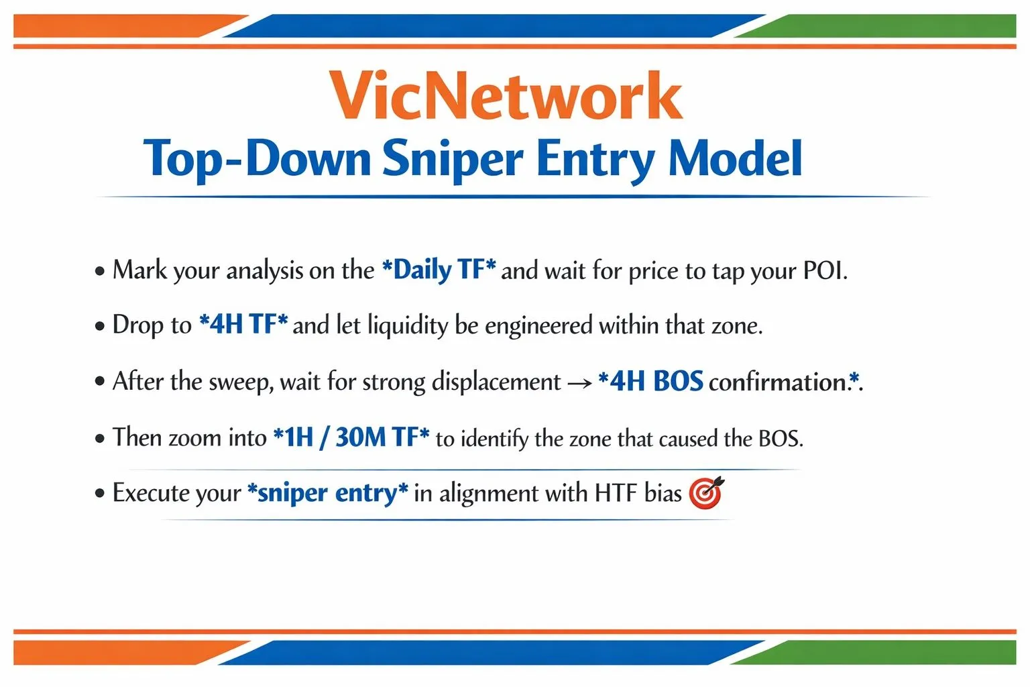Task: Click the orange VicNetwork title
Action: pos(506,95)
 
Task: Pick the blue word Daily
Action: pos(422,270)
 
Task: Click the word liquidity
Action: pos(408,326)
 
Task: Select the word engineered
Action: pos(538,326)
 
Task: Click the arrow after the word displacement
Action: pos(579,384)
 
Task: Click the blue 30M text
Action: pos(361,437)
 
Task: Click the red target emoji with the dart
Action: pos(706,492)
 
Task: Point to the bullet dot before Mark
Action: pos(100,272)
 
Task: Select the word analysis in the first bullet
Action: pos(264,270)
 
